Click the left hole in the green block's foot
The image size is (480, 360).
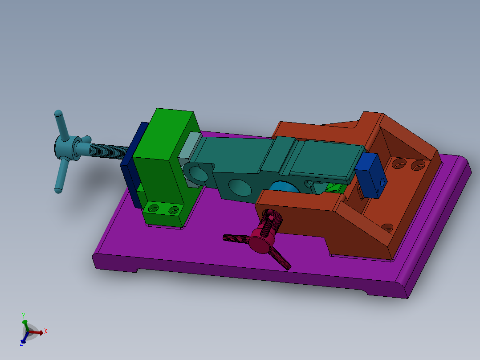point(154,208)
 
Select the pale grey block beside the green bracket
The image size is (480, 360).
point(189,147)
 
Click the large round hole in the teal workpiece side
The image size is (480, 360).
point(239,187)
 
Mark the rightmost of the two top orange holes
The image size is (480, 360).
point(418,166)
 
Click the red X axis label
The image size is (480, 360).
point(45,331)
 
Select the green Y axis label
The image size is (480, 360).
point(23,315)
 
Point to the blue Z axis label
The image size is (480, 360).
point(21,343)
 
